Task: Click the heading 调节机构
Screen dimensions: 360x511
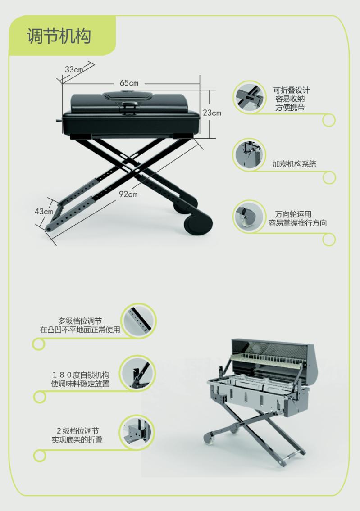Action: coord(59,36)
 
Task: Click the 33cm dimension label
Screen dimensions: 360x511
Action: coord(74,69)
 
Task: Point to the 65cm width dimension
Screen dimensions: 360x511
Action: coord(129,83)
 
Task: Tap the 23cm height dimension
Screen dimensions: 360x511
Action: coord(212,113)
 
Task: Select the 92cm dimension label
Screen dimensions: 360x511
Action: coord(128,194)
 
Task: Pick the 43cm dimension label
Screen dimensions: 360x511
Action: coord(44,211)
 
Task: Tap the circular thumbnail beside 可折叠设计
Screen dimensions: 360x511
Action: coord(250,97)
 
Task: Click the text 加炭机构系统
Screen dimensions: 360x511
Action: coord(294,164)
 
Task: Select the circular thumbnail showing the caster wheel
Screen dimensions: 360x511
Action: coord(250,216)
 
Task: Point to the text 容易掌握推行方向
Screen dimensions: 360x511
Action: coord(297,223)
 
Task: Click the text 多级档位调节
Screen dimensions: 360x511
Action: coord(80,321)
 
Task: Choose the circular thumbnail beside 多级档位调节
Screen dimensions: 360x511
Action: coord(139,321)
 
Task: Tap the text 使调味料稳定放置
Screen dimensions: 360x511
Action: coord(80,384)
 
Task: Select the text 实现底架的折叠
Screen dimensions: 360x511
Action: coord(77,439)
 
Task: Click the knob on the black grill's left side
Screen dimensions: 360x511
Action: coord(59,121)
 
